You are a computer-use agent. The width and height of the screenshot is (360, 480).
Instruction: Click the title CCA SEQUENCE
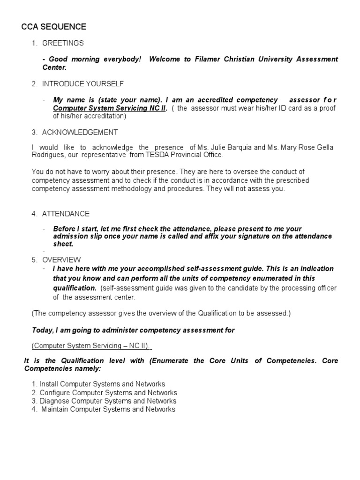54,27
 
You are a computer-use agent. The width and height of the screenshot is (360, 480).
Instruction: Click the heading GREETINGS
63,43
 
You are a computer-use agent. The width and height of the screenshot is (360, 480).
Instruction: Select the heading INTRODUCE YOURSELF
83,84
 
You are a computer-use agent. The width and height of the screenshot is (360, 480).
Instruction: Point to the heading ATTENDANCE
66,214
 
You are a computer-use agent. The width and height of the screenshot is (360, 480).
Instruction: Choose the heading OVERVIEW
61,260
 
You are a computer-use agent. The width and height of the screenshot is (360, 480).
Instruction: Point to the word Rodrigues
47,155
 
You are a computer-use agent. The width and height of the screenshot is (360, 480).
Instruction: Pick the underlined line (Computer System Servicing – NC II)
91,346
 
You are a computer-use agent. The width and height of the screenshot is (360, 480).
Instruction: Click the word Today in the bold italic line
42,330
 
